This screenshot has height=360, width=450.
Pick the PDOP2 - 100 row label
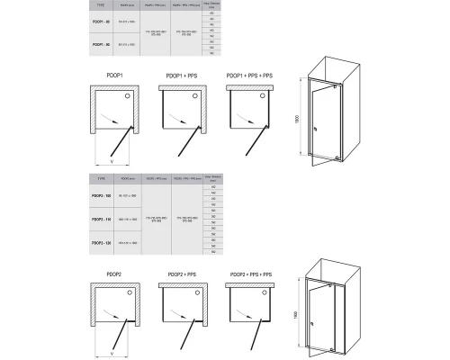102,195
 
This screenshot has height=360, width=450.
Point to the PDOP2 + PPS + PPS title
250,274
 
